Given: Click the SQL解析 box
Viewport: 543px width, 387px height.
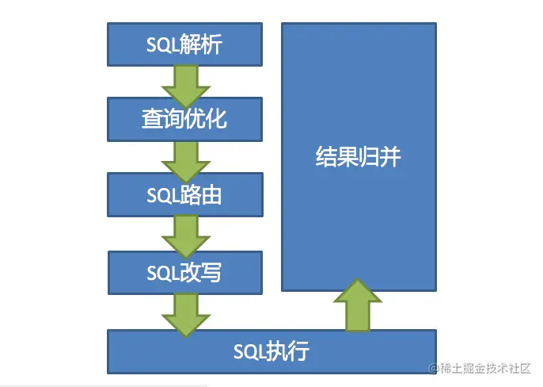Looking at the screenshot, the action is pyautogui.click(x=184, y=44).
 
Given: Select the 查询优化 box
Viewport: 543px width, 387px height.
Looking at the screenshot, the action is pyautogui.click(x=184, y=119).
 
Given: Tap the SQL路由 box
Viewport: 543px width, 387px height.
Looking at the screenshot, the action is pyautogui.click(x=184, y=194).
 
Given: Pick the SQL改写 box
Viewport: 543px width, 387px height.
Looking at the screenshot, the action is pyautogui.click(x=184, y=273).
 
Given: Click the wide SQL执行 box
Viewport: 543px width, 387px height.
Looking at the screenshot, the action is pyautogui.click(x=271, y=351).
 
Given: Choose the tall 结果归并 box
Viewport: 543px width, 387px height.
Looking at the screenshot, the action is pyautogui.click(x=359, y=157).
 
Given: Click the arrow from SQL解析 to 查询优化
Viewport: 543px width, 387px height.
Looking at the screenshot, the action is pyautogui.click(x=185, y=85).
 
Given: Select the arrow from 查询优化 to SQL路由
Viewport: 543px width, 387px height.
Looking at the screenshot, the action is pyautogui.click(x=185, y=160).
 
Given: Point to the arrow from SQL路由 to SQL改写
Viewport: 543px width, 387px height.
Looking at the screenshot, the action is pyautogui.click(x=185, y=236).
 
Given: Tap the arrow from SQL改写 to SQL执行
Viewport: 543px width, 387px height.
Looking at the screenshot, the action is pyautogui.click(x=185, y=314).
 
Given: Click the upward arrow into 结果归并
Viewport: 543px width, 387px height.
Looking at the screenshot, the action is pyautogui.click(x=358, y=305).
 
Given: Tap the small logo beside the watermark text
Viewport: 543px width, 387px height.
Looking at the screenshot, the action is pyautogui.click(x=434, y=369).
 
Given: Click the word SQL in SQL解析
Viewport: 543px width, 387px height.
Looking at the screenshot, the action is pyautogui.click(x=162, y=44).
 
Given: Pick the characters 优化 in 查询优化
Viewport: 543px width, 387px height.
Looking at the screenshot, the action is pyautogui.click(x=207, y=120).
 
